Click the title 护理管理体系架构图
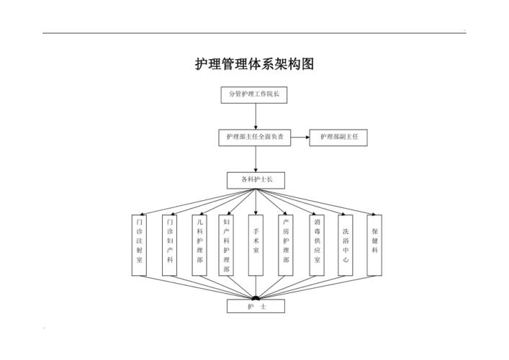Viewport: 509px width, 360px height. pyautogui.click(x=255, y=64)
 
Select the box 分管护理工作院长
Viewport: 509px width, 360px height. pyautogui.click(x=255, y=94)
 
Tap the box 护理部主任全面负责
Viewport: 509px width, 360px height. pyautogui.click(x=255, y=137)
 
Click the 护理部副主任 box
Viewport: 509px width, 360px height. pyautogui.click(x=338, y=137)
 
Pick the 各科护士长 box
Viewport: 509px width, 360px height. pyautogui.click(x=255, y=179)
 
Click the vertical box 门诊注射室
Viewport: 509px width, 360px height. pyautogui.click(x=140, y=245)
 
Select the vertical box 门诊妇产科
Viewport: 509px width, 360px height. pyautogui.click(x=169, y=245)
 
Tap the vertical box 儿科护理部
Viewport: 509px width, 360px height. pyautogui.click(x=199, y=245)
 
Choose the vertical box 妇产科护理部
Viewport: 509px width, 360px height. pyautogui.click(x=227, y=245)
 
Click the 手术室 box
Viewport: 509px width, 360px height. pyautogui.click(x=256, y=245)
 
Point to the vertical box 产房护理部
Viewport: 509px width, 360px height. pyautogui.click(x=286, y=245)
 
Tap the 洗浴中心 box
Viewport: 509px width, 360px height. pyautogui.click(x=346, y=245)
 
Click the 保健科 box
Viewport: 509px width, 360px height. pyautogui.click(x=374, y=245)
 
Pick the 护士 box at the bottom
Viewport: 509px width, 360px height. pyautogui.click(x=256, y=307)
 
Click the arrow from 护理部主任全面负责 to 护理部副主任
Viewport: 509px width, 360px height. pyautogui.click(x=300, y=137)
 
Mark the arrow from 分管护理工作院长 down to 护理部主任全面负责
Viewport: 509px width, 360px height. pyautogui.click(x=256, y=116)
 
